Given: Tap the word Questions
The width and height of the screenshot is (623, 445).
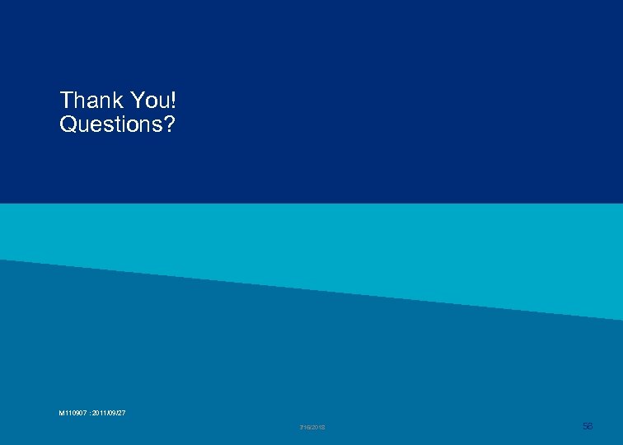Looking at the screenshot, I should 111,125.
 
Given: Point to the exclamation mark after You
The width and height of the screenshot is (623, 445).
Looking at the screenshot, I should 174,101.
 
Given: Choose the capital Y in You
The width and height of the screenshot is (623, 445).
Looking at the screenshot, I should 136,101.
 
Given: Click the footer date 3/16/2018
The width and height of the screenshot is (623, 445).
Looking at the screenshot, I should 312,427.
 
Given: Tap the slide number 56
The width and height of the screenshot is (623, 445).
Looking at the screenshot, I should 588,425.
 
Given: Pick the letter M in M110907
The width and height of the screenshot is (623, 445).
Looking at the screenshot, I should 62,413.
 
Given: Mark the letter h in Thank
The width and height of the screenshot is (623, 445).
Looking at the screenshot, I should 81,101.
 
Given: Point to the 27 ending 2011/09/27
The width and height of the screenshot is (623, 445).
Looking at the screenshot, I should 121,413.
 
